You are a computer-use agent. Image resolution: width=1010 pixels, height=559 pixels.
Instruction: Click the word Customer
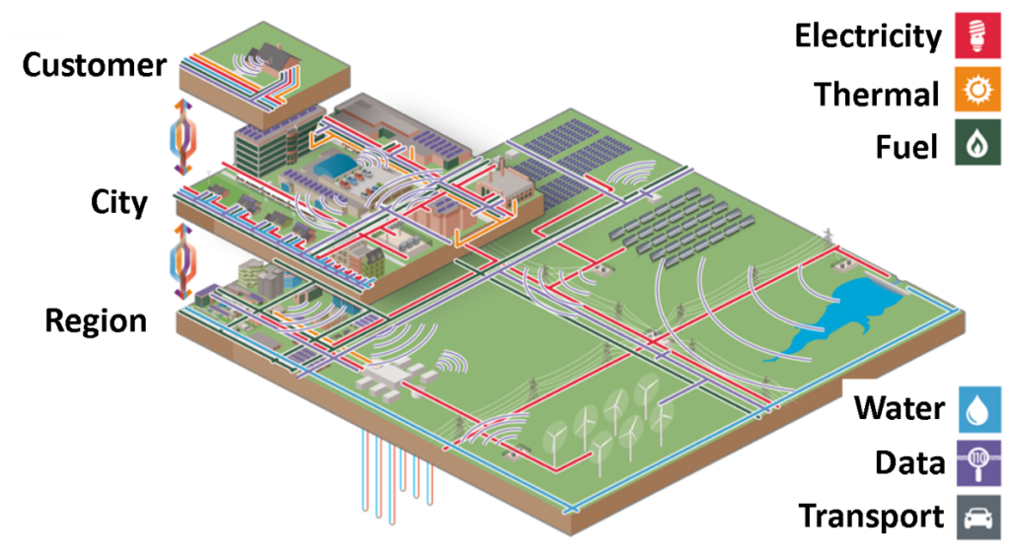pyautogui.click(x=95, y=66)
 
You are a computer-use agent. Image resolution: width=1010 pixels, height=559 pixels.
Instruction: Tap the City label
pyautogui.click(x=119, y=202)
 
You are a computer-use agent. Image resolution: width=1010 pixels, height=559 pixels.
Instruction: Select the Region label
pyautogui.click(x=96, y=320)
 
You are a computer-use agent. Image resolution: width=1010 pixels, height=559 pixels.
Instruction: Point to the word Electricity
pyautogui.click(x=868, y=37)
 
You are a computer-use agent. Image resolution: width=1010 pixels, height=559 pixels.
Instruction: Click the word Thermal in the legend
pyautogui.click(x=876, y=95)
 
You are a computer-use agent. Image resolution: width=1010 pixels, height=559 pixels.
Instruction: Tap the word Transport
pyautogui.click(x=870, y=517)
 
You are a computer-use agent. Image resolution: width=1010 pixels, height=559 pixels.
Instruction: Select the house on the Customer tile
pyautogui.click(x=272, y=59)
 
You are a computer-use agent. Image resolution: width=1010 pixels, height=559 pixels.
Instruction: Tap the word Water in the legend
pyautogui.click(x=899, y=408)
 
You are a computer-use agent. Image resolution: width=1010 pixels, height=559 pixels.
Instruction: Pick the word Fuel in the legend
pyautogui.click(x=905, y=148)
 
